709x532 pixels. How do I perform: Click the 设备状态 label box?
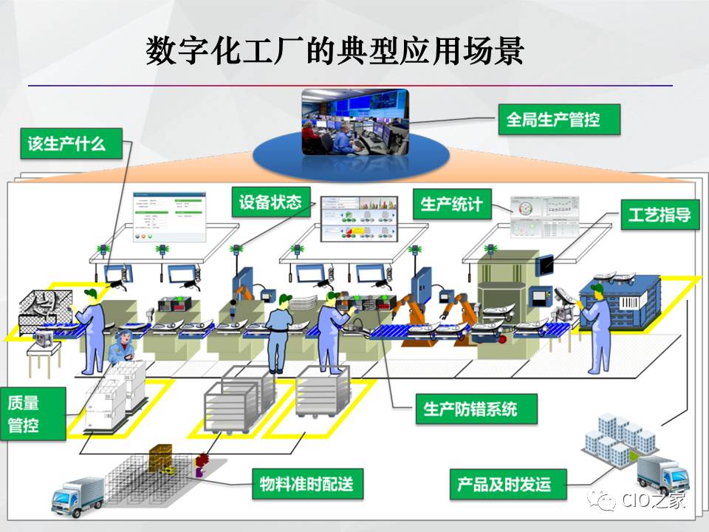point(270,202)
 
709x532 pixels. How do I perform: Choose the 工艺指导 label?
point(660,215)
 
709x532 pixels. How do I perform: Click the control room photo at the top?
point(354,123)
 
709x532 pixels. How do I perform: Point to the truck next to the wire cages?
point(78,494)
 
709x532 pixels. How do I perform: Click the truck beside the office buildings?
point(661,474)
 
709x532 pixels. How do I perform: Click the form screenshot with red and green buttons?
point(168,216)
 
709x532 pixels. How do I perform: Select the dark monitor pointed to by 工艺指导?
point(547,264)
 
